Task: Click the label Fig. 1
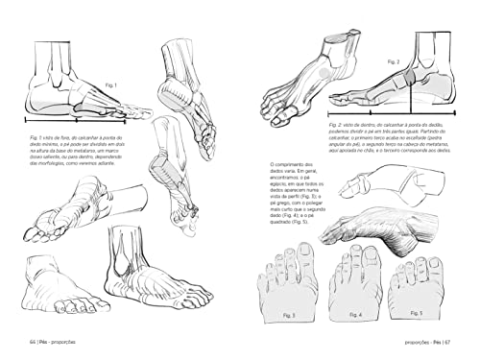click(111, 85)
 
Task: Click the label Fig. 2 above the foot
click(394, 61)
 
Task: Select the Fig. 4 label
click(354, 313)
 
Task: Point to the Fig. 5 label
click(416, 313)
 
